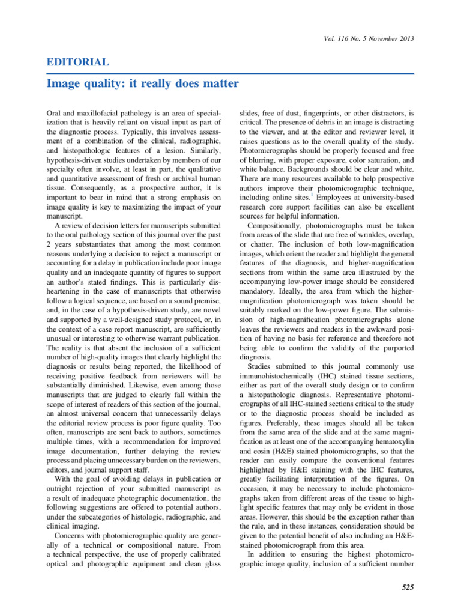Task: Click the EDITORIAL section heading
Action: (77, 62)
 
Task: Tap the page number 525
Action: (406, 587)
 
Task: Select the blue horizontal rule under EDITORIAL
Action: (230, 73)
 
